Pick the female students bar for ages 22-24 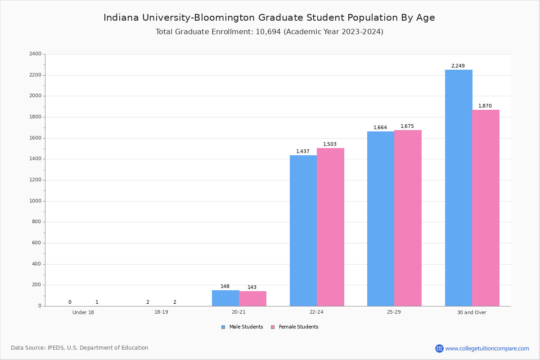pos(330,227)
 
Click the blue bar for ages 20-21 pos(225,298)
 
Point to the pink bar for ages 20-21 pos(252,298)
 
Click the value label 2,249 pos(458,66)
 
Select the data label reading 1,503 pos(329,144)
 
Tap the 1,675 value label pos(407,126)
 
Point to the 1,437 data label pos(302,152)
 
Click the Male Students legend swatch pos(223,327)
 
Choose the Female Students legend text pos(298,327)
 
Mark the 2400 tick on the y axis pos(36,54)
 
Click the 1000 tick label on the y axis pos(36,201)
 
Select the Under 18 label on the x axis pos(83,312)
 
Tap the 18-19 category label pos(161,312)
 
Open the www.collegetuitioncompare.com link pos(487,348)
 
